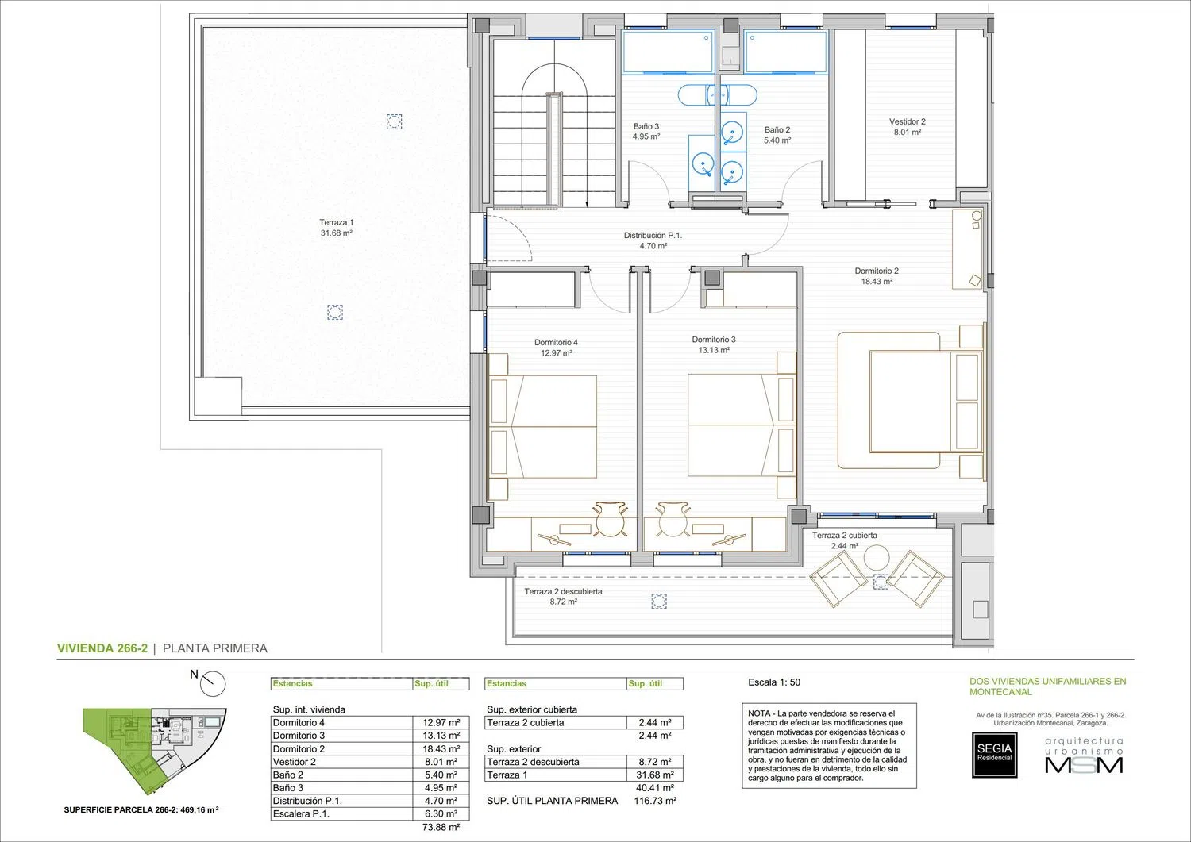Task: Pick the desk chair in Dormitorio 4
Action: point(611,518)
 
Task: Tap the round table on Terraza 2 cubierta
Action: point(877,558)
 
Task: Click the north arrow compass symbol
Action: point(213,683)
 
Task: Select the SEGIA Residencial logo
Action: point(994,755)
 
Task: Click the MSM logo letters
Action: point(1084,765)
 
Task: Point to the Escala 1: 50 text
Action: point(774,682)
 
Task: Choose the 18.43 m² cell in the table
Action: point(441,748)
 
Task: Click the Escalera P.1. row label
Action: point(301,813)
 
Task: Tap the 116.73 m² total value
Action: point(655,801)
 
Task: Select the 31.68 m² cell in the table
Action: point(655,775)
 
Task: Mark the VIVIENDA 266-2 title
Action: point(102,648)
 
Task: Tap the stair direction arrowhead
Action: point(587,204)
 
